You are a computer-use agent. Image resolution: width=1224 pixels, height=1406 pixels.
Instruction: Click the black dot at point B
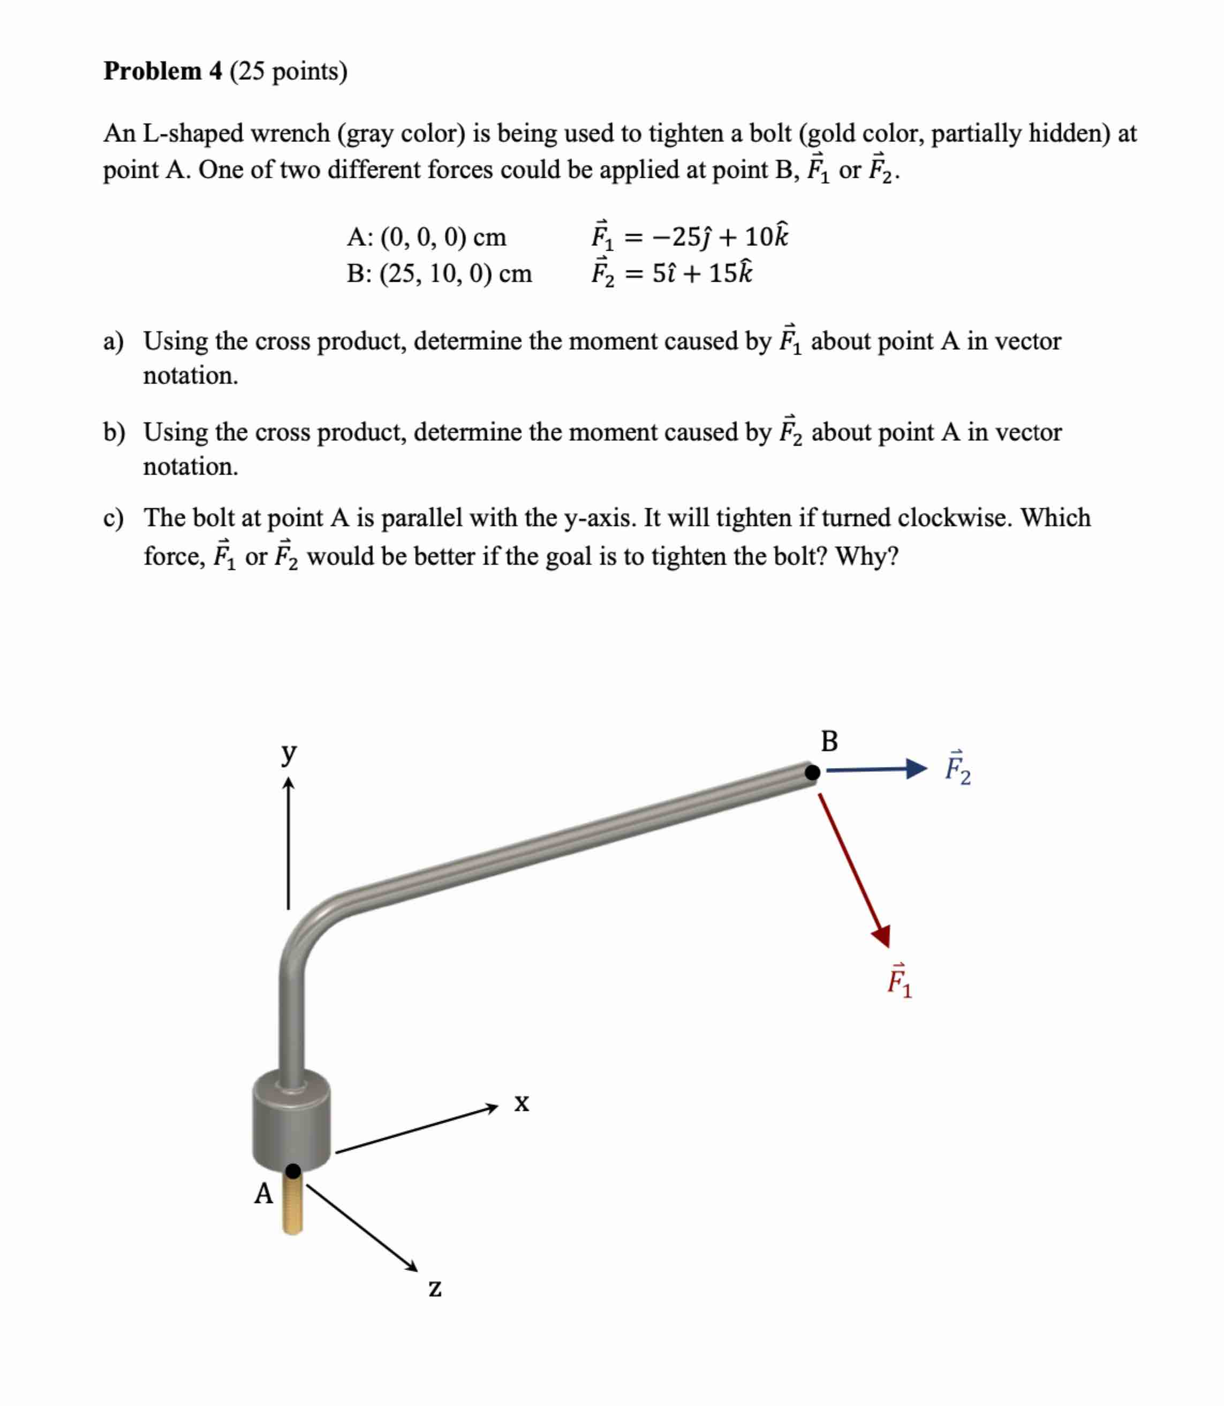[812, 773]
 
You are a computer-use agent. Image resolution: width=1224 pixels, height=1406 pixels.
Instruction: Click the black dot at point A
[293, 1171]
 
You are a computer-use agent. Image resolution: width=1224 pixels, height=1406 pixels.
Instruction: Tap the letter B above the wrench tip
[829, 741]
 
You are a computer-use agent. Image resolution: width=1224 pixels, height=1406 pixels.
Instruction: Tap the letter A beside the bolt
[263, 1193]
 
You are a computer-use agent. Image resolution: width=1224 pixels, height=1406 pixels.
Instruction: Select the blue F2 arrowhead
[917, 769]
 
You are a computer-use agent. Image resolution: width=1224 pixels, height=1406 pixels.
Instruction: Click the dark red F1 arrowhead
[882, 935]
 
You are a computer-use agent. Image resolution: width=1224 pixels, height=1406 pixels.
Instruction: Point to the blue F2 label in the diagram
[957, 769]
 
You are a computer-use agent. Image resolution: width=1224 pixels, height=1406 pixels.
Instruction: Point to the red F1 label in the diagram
[899, 981]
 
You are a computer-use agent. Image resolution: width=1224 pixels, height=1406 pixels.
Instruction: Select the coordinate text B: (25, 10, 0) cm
[439, 273]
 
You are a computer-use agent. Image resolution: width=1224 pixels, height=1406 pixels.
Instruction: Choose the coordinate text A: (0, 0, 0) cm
[427, 237]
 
